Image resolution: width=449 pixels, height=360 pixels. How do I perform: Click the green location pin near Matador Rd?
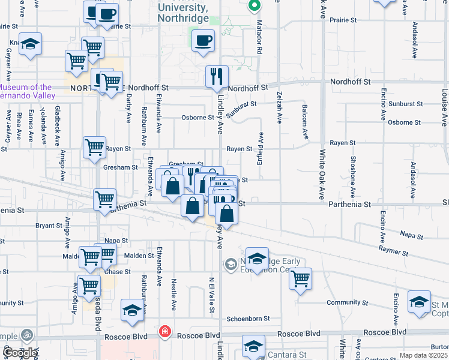tap(254, 6)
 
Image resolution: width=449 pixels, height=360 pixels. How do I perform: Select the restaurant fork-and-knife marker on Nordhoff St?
tap(217, 76)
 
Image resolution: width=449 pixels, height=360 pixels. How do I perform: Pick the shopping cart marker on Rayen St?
tap(94, 146)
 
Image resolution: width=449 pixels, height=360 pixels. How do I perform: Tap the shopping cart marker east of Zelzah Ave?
tap(300, 278)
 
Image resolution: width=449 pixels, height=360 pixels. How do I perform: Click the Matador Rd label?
tap(261, 39)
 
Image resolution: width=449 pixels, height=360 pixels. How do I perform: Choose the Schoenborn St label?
tap(248, 319)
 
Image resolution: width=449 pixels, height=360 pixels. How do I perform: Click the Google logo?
tap(20, 353)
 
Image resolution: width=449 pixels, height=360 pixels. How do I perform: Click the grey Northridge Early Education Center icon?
tap(231, 264)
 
